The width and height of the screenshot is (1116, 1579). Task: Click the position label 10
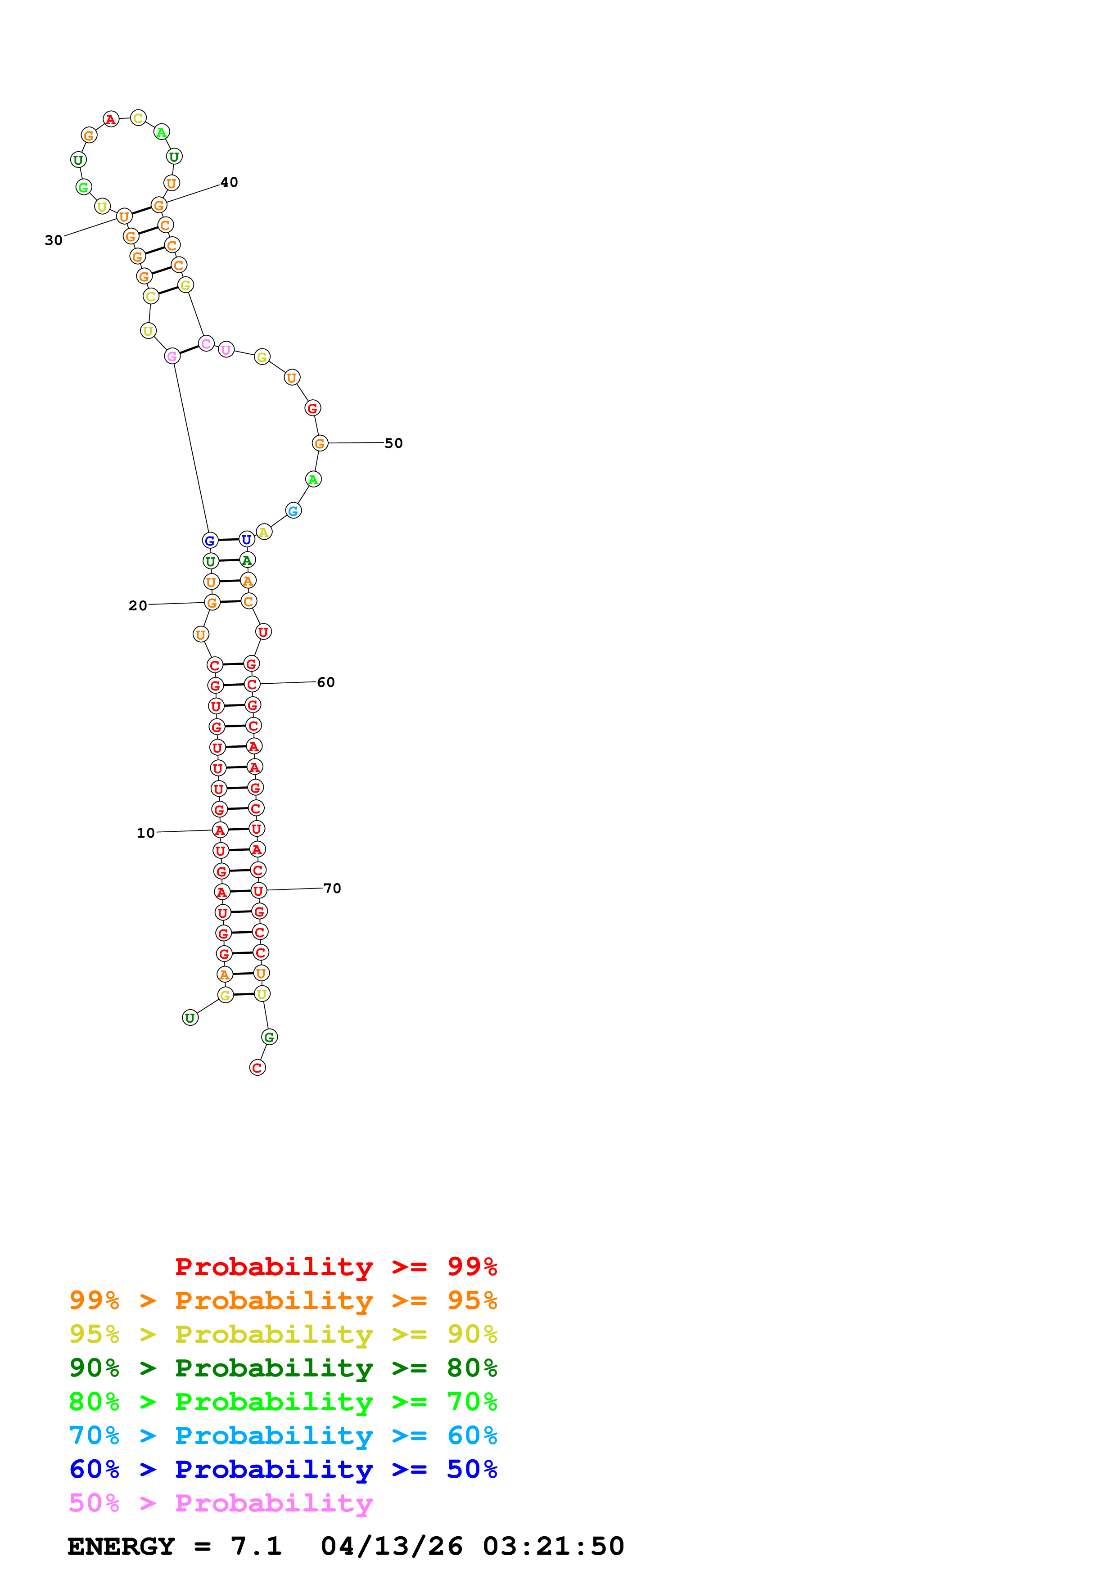(146, 833)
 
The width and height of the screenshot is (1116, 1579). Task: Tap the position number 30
(54, 240)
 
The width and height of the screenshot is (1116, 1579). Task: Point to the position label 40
(229, 182)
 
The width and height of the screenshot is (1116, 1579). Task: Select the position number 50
(393, 443)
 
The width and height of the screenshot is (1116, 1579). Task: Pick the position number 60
(326, 682)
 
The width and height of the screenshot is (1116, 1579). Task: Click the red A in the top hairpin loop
(111, 120)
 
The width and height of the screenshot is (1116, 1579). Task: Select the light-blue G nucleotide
(293, 511)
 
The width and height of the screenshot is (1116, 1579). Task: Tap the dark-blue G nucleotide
(210, 541)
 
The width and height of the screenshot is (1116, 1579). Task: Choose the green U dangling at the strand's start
(190, 1017)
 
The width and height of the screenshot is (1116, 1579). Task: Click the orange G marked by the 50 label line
(320, 443)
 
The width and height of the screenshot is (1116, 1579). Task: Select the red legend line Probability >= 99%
(335, 1266)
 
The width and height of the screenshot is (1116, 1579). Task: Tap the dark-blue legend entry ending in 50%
(283, 1469)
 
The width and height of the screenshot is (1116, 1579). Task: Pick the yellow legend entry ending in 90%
(283, 1334)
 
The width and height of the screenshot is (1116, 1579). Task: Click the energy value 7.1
(256, 1546)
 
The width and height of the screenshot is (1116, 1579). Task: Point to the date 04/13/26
(391, 1546)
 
